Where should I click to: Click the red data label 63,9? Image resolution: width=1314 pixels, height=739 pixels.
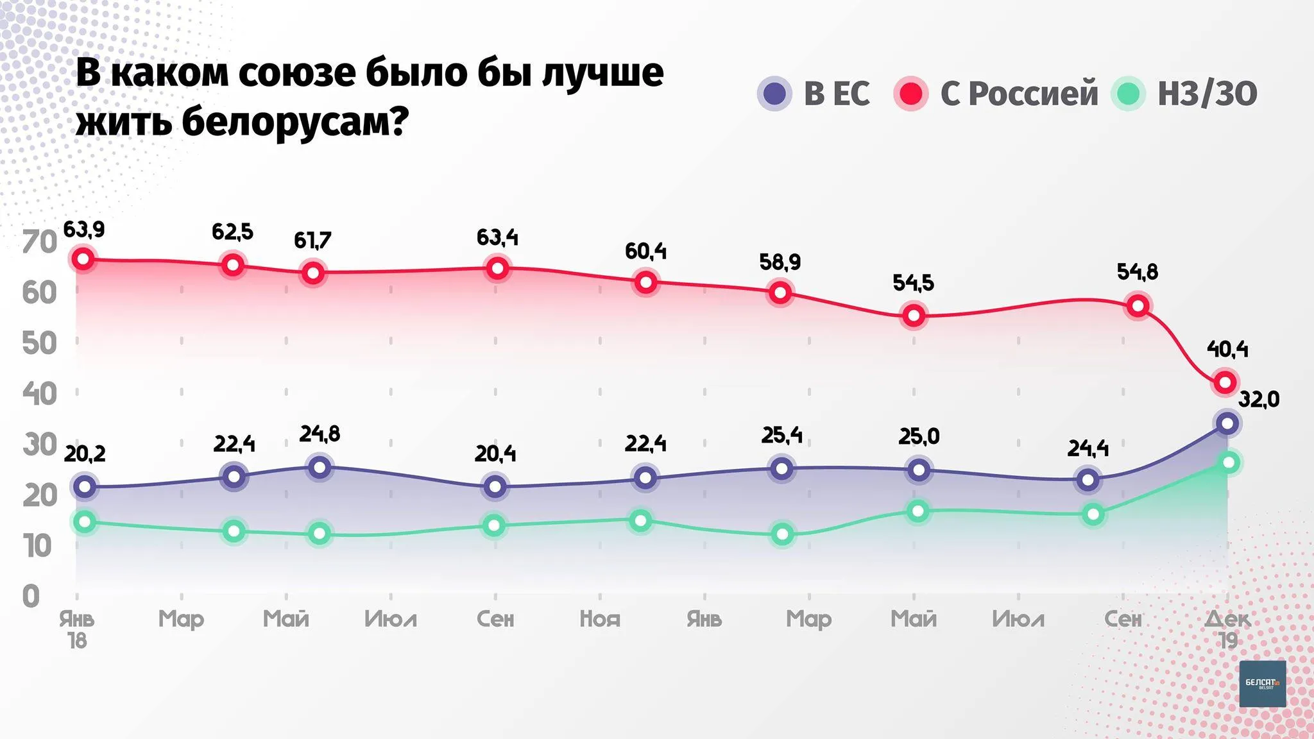click(84, 229)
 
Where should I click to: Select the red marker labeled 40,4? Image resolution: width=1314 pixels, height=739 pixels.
click(1225, 382)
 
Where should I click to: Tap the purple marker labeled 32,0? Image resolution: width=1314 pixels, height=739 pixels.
click(1227, 423)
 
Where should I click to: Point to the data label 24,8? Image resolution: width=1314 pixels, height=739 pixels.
click(320, 434)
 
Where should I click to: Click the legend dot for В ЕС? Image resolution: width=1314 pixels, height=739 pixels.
click(775, 94)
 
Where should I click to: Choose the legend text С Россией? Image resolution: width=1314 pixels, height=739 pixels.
click(1019, 94)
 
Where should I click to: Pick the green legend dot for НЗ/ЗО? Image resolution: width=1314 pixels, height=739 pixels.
click(1128, 94)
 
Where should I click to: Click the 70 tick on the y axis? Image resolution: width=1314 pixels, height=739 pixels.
click(40, 242)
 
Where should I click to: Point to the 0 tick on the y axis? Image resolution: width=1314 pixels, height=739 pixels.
click(31, 597)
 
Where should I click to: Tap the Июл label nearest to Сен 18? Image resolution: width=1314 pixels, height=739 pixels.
click(391, 619)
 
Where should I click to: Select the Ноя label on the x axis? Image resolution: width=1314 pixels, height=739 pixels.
click(600, 619)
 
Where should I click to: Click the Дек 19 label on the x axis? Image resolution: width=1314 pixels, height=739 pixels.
click(1227, 629)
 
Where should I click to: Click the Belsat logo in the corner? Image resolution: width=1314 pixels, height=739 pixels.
click(1262, 684)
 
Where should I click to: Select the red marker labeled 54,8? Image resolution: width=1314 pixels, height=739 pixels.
click(1138, 306)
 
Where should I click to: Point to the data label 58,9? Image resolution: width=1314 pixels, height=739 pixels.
click(780, 262)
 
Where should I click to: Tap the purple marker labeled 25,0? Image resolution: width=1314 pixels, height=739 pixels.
click(919, 470)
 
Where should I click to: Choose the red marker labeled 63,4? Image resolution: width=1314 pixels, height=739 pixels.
click(497, 268)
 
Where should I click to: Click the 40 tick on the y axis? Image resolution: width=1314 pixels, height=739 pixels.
click(40, 393)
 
